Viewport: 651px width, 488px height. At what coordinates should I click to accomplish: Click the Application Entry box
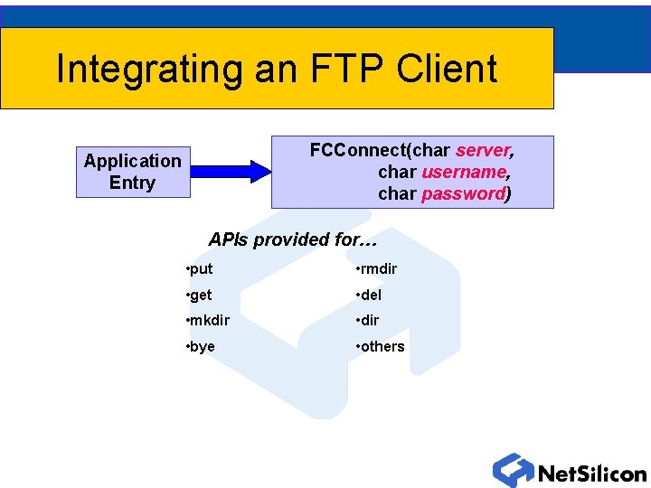(133, 172)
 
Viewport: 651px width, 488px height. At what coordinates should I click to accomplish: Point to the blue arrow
(231, 171)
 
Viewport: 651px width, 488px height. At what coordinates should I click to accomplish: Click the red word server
(484, 149)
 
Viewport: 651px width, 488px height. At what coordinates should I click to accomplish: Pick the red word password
(463, 193)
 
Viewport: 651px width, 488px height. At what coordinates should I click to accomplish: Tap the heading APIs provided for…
(292, 239)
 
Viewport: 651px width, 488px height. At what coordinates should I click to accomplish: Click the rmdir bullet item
(377, 269)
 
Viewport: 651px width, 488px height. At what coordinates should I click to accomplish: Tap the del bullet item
(369, 295)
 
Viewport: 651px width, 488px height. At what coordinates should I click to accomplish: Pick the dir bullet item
(368, 321)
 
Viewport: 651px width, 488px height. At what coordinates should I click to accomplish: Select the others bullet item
(381, 347)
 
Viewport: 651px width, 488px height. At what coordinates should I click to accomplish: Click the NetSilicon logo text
(591, 474)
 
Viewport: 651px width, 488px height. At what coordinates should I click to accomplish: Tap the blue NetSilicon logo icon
(513, 470)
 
